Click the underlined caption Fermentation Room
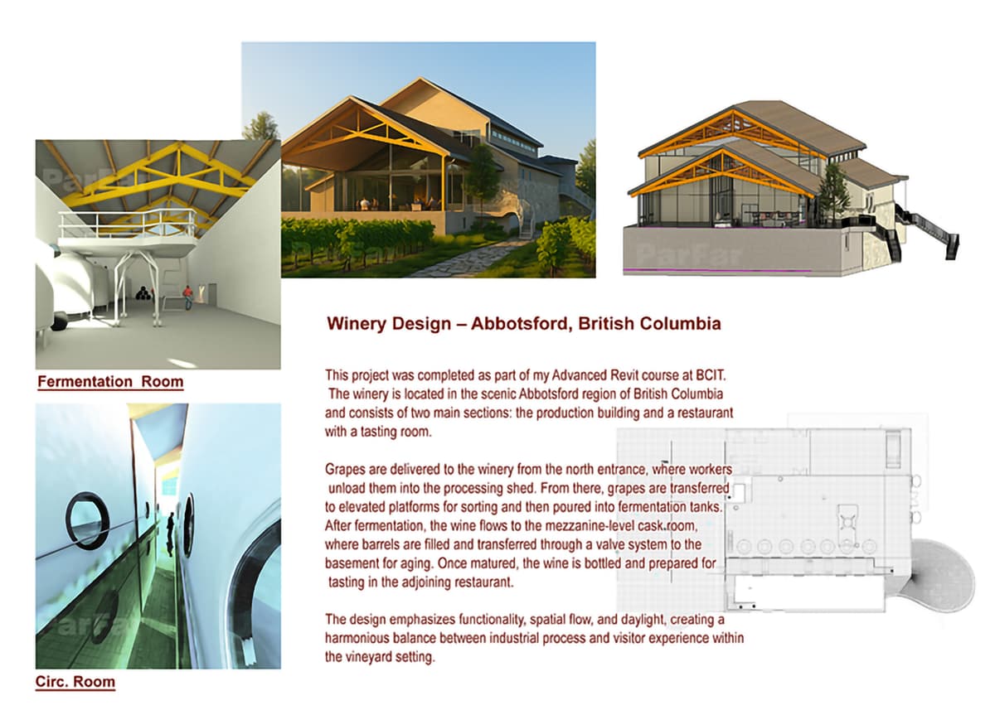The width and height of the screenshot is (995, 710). tap(110, 382)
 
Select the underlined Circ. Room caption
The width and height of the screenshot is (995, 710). tap(75, 683)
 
